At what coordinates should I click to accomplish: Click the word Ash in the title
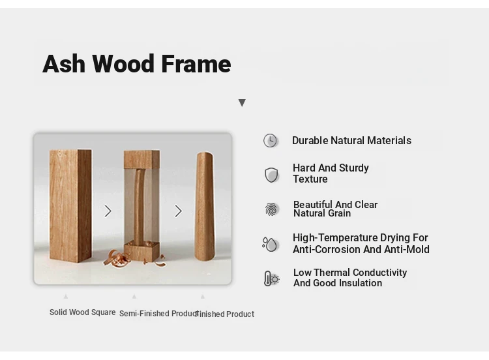coord(64,64)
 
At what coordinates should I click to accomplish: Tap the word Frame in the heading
coord(196,64)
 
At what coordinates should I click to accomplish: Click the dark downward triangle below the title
coord(242,102)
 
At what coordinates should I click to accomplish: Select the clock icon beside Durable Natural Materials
coord(270,140)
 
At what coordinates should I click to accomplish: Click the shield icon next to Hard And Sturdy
coord(271,175)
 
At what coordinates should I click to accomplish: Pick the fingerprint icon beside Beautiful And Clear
coord(272,209)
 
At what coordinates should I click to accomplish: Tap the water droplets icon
coord(270,244)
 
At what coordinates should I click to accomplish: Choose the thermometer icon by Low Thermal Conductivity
coord(271,278)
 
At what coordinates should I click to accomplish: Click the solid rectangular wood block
coord(70,205)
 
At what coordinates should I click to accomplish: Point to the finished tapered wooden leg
coord(205,206)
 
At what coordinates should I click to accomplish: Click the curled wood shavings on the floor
coord(116,258)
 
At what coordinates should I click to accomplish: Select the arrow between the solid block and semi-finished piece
coord(108,211)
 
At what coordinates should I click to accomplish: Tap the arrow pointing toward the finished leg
coord(178,211)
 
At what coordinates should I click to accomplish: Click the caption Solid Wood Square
coord(83,312)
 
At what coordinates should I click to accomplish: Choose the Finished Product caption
coord(225,314)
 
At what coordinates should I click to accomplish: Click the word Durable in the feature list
coord(310,140)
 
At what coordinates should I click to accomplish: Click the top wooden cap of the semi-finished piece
coord(142,159)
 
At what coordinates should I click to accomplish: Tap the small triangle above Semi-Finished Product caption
coord(134,296)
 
